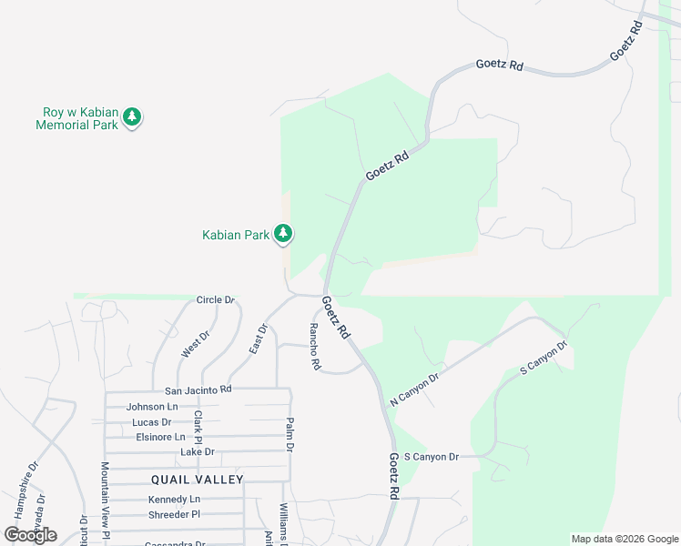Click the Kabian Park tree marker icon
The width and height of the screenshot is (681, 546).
click(283, 235)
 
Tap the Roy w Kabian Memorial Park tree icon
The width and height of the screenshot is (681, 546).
click(132, 117)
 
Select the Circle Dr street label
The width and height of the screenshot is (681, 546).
click(216, 299)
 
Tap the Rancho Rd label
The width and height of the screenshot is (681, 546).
click(315, 347)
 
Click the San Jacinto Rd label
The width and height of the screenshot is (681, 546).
click(198, 389)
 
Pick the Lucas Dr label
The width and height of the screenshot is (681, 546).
click(151, 422)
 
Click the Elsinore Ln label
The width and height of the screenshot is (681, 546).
click(160, 437)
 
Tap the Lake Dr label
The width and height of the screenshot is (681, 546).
click(197, 451)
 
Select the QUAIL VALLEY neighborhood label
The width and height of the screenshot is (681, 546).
click(198, 480)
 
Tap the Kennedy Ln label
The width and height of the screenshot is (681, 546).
click(174, 500)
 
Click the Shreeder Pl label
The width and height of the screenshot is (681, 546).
click(174, 515)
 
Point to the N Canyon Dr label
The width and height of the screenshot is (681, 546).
click(415, 389)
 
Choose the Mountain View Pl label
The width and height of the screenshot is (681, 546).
click(106, 500)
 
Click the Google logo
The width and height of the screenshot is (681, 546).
click(30, 535)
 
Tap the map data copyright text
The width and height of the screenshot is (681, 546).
click(624, 539)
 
